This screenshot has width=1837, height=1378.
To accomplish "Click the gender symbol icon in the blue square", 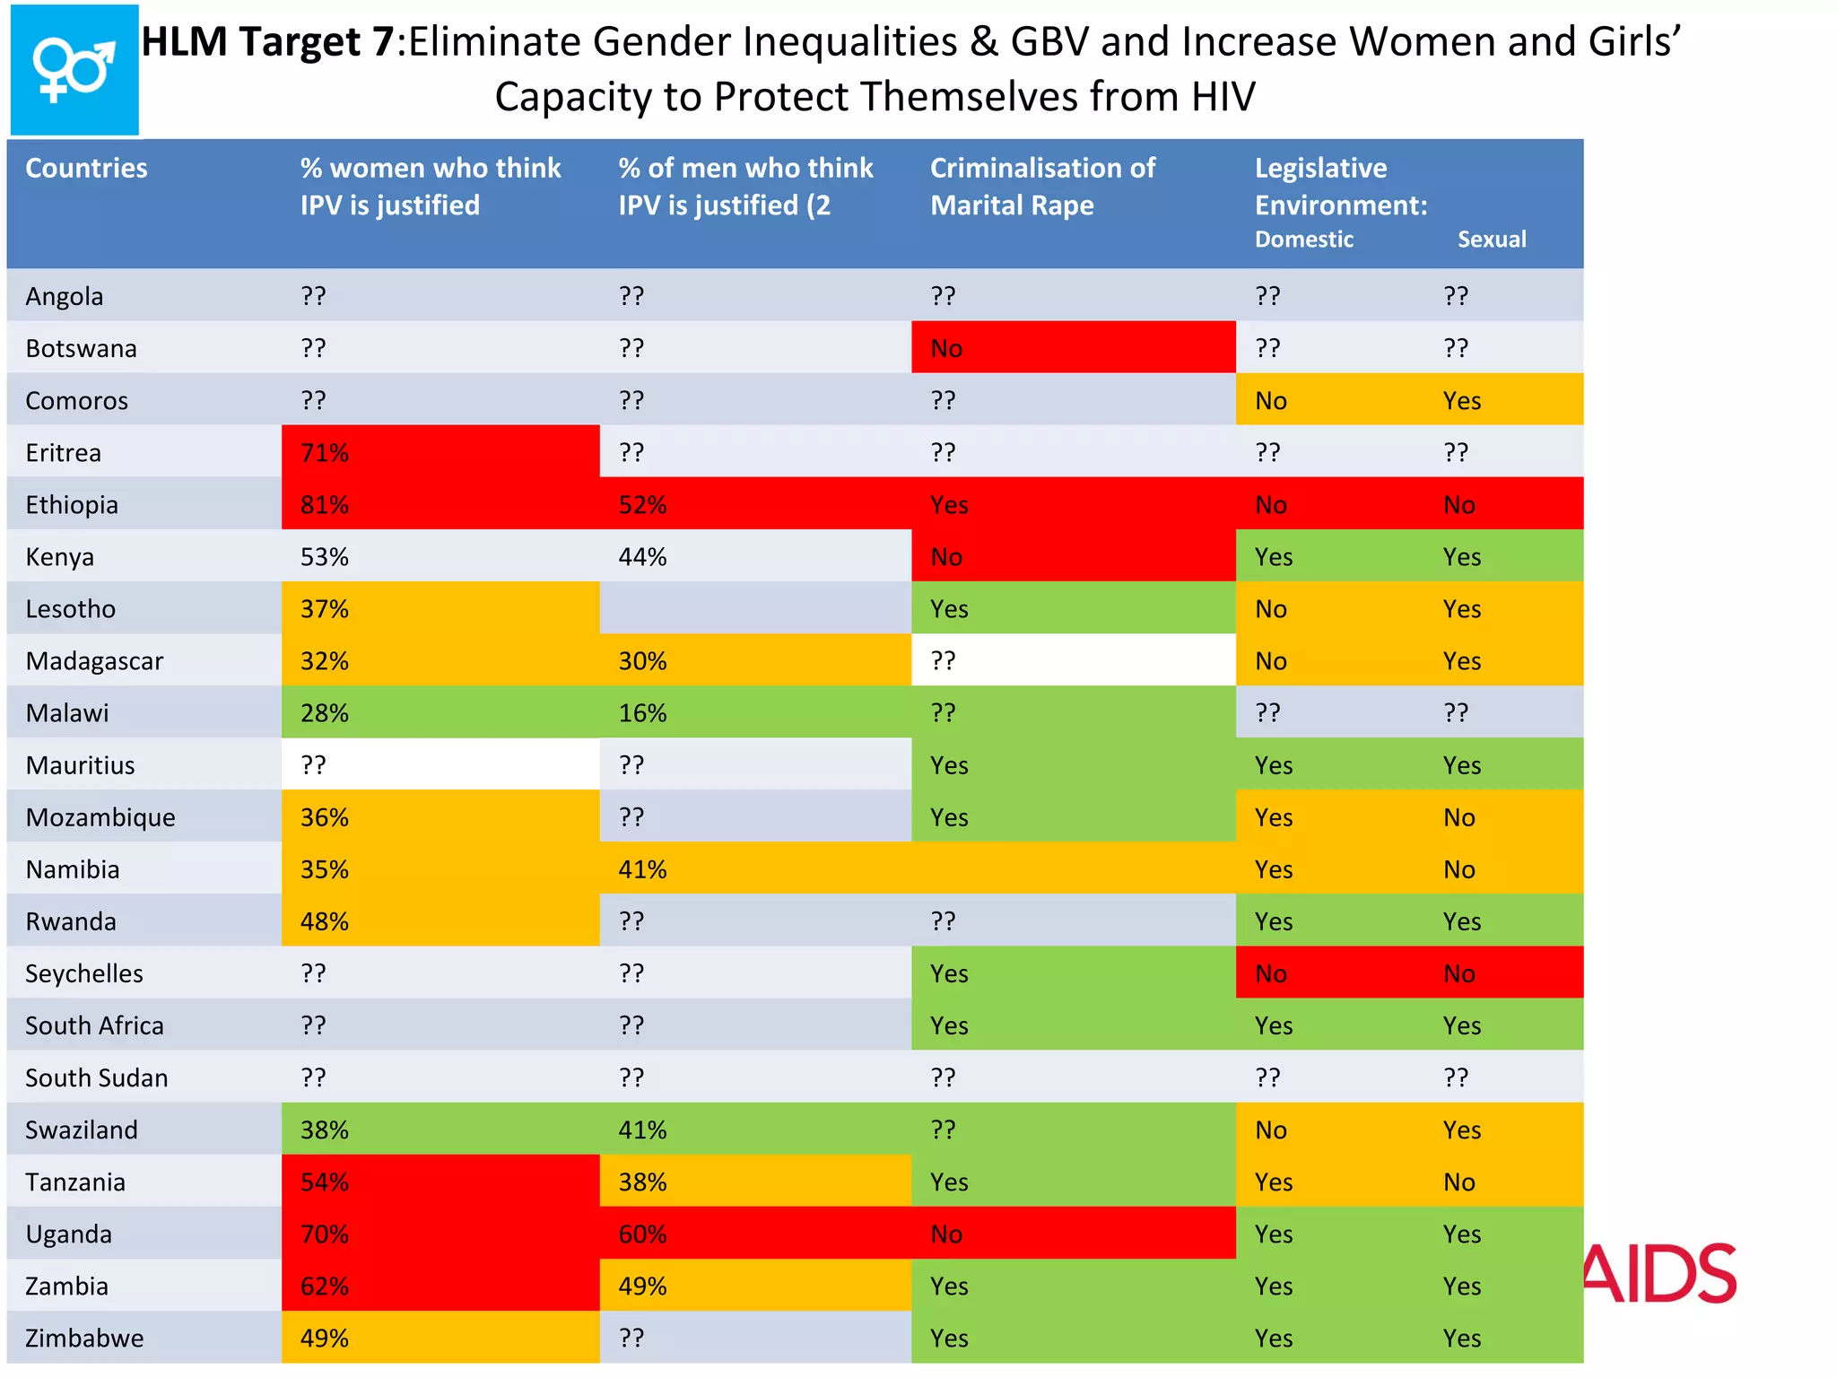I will pyautogui.click(x=74, y=69).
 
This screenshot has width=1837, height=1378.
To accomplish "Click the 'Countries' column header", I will pyautogui.click(x=86, y=168).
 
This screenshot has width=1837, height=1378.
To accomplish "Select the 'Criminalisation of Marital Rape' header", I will pyautogui.click(x=1042, y=186).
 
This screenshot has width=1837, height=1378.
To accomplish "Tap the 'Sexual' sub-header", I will pyautogui.click(x=1491, y=240).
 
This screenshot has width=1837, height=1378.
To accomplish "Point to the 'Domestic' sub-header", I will pyautogui.click(x=1303, y=240).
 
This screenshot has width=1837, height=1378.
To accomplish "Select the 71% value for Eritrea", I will pyautogui.click(x=324, y=452).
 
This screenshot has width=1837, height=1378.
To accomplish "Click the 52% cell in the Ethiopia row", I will pyautogui.click(x=642, y=504).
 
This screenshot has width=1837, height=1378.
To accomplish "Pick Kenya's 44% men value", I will pyautogui.click(x=642, y=556).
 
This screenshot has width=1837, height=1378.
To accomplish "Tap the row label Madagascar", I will pyautogui.click(x=94, y=661).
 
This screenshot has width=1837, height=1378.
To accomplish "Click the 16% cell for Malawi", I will pyautogui.click(x=642, y=713).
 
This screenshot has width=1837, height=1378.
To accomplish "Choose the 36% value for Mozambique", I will pyautogui.click(x=324, y=817).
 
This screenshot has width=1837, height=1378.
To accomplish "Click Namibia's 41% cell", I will pyautogui.click(x=642, y=869).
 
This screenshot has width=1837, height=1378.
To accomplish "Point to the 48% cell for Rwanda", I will pyautogui.click(x=324, y=921).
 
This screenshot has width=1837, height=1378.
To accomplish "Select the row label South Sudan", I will pyautogui.click(x=96, y=1077).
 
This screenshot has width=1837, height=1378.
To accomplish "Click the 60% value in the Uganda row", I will pyautogui.click(x=642, y=1234).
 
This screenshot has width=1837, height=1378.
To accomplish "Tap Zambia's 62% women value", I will pyautogui.click(x=324, y=1286).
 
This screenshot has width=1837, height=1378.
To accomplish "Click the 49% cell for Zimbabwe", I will pyautogui.click(x=324, y=1338).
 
